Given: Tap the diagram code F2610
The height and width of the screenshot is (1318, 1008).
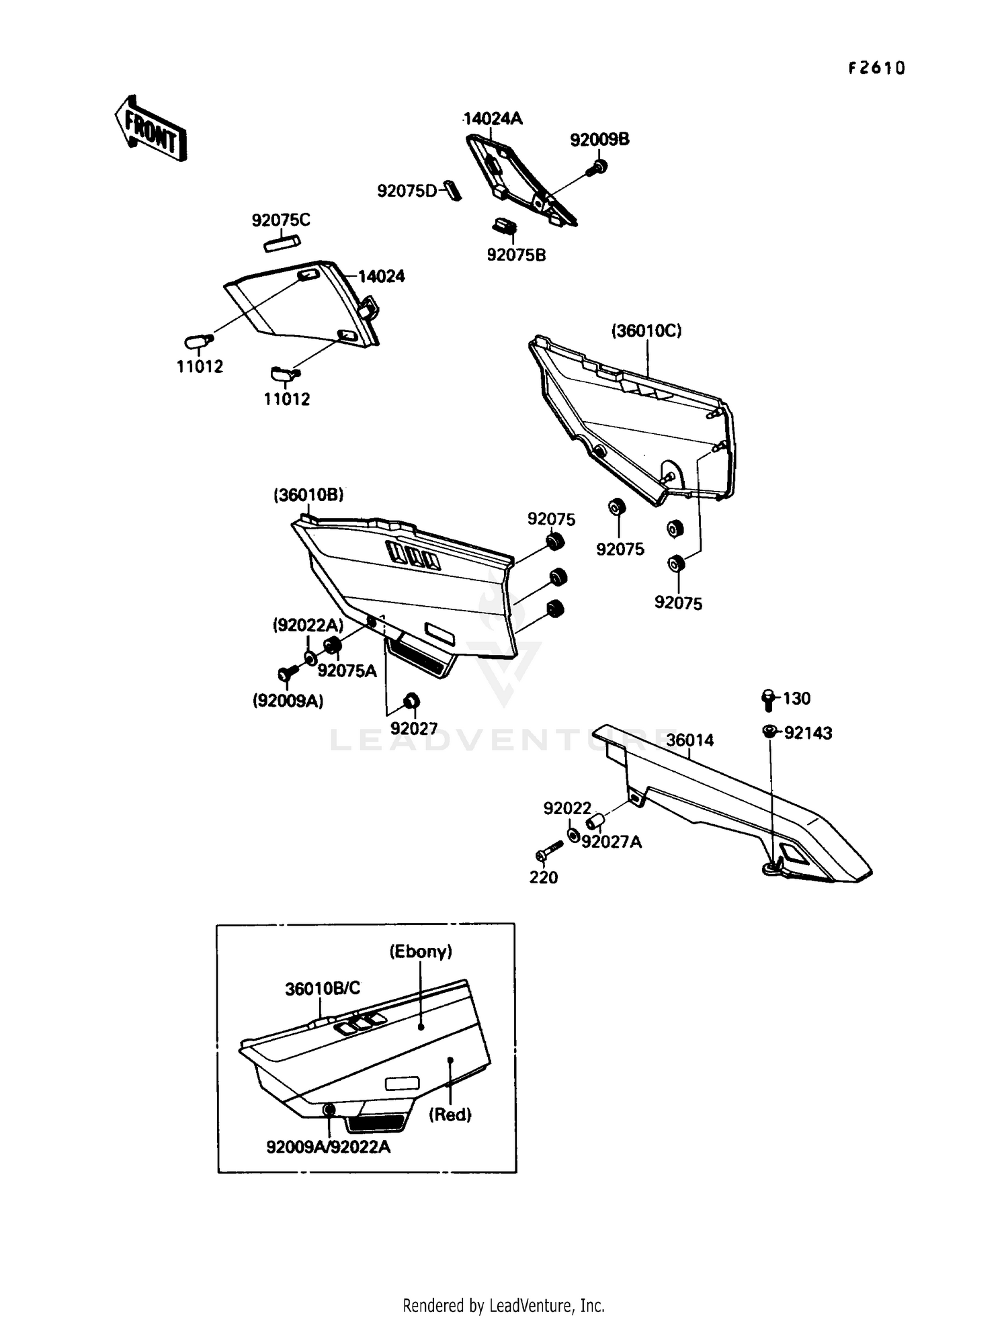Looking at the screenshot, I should [x=876, y=68].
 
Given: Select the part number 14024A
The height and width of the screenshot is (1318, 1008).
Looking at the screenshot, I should [x=493, y=119].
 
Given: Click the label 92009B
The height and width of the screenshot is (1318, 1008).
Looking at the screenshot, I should [x=599, y=140].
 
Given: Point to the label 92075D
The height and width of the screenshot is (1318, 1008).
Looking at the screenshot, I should [x=407, y=191].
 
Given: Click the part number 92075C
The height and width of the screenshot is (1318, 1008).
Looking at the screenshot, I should [x=281, y=220].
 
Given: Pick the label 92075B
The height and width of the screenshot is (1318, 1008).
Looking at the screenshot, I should [x=516, y=255].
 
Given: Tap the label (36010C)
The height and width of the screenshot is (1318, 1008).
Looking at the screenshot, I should [x=646, y=331].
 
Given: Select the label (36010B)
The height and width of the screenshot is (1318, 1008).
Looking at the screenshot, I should [x=308, y=495].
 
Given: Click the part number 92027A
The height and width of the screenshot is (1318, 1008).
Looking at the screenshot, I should [x=612, y=842].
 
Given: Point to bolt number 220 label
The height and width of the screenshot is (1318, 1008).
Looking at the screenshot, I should [x=544, y=877].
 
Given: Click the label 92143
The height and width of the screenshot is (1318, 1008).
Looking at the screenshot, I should [x=808, y=733].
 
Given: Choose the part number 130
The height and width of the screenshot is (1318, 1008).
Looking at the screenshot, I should [x=797, y=699].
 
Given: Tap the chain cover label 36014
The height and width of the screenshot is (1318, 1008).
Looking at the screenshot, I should [x=690, y=740].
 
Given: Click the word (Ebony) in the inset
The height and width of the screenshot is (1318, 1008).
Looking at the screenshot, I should [x=421, y=951].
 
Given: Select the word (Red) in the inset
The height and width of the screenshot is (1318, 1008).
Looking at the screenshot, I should [x=450, y=1114].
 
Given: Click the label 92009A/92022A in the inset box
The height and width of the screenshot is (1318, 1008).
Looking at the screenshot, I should [x=328, y=1147].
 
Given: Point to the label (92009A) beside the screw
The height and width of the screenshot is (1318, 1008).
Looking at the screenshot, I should [x=288, y=701].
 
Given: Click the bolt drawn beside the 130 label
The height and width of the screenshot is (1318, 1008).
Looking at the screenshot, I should [x=768, y=699].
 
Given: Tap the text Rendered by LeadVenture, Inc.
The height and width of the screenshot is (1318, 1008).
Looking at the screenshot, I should [x=503, y=1305].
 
